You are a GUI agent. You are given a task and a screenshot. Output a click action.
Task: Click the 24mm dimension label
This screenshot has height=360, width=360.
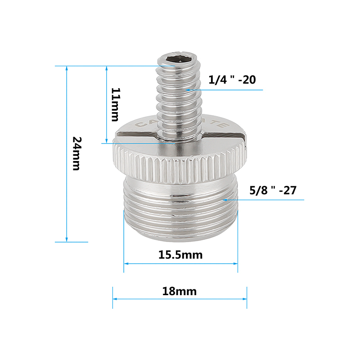(x=76, y=153)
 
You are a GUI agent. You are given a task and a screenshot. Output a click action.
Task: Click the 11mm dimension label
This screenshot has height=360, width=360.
(x=116, y=105)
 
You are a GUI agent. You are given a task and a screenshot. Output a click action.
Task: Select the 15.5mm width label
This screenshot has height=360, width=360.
(x=180, y=255)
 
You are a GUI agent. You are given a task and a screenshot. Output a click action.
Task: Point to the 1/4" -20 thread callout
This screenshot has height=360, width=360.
(x=232, y=80)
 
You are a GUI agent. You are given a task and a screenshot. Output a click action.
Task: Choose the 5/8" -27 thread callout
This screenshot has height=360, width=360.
(x=273, y=189)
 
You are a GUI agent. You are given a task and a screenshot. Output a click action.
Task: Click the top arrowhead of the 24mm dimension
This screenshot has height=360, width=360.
(x=67, y=69)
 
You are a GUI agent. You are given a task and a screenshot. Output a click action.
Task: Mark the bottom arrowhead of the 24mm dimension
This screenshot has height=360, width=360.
(x=67, y=239)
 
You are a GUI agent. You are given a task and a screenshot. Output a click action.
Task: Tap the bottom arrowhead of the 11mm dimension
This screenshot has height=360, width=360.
(x=106, y=140)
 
